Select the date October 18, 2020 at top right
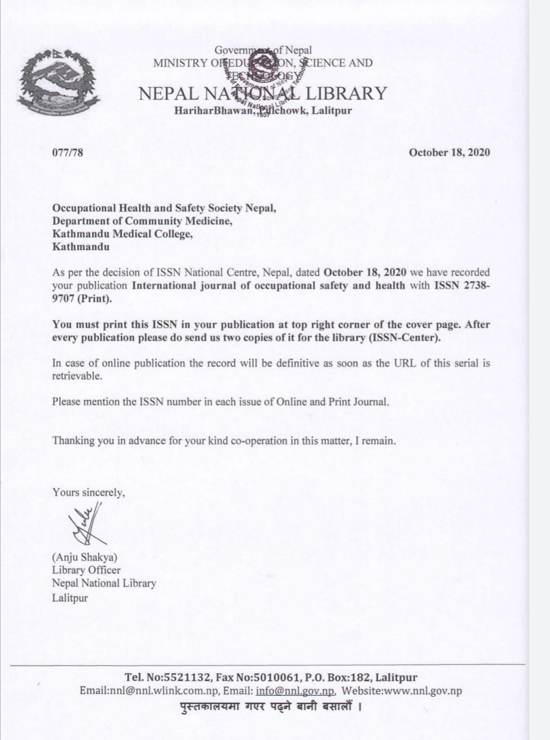pyautogui.click(x=449, y=152)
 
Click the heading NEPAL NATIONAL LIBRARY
pyautogui.click(x=263, y=94)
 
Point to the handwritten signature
pyautogui.click(x=85, y=523)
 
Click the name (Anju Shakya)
pyautogui.click(x=85, y=557)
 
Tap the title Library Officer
pyautogui.click(x=86, y=570)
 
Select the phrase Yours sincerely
pyautogui.click(x=88, y=492)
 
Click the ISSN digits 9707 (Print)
pyautogui.click(x=81, y=299)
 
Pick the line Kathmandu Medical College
pyautogui.click(x=122, y=234)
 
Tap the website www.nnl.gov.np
pyautogui.click(x=422, y=691)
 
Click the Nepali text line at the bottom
pyautogui.click(x=271, y=706)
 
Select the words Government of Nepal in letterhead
pyautogui.click(x=263, y=50)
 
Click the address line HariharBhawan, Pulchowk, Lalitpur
pyautogui.click(x=263, y=110)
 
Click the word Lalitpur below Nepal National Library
pyautogui.click(x=70, y=597)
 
